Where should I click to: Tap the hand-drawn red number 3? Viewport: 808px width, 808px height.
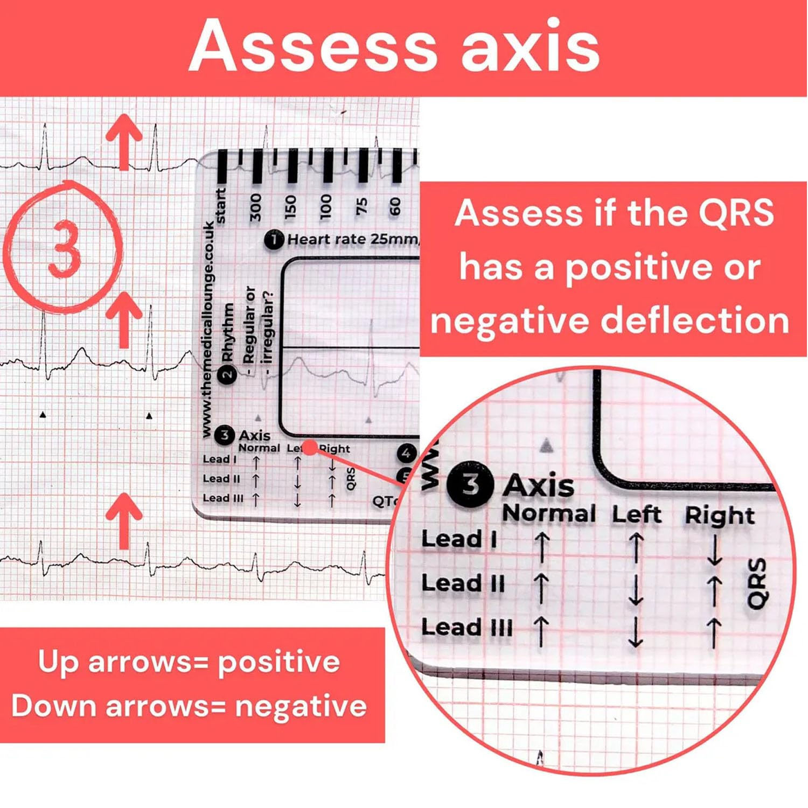point(64,250)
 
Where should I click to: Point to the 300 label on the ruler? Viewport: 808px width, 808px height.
point(255,207)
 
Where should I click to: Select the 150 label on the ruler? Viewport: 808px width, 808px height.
point(290,207)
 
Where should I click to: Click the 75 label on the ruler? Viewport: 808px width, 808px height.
point(361,207)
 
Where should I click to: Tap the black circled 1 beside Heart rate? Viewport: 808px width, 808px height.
point(274,240)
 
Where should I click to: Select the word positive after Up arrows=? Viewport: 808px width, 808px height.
point(278,661)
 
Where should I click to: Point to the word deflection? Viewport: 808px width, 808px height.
point(695,321)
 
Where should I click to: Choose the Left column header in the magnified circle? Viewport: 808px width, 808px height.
point(636,514)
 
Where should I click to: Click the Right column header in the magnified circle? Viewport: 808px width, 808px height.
point(719,516)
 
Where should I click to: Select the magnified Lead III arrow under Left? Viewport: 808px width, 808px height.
point(636,632)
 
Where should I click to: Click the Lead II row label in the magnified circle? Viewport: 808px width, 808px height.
point(463,583)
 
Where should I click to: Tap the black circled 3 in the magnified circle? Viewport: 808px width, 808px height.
point(470,484)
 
